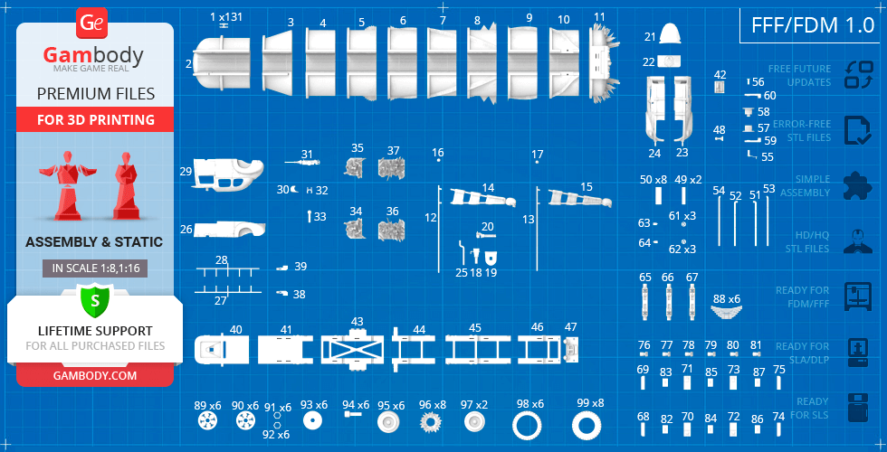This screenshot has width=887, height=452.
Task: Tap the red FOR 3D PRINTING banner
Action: point(95,120)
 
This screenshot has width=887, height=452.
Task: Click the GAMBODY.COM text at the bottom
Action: point(95,375)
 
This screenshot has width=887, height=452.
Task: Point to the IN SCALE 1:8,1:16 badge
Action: point(95,268)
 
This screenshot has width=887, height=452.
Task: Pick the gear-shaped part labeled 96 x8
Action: point(432,423)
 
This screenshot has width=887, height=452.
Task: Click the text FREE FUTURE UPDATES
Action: point(799,75)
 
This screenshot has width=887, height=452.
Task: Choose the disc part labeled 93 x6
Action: point(314,422)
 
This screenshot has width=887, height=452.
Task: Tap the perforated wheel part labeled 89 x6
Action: point(207,422)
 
